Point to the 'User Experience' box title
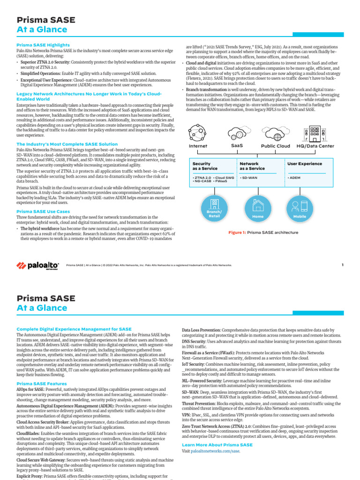(305, 164)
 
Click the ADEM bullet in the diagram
(294, 178)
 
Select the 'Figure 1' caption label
(237, 232)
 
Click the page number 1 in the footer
(342, 265)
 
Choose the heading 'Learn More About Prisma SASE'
(217, 444)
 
